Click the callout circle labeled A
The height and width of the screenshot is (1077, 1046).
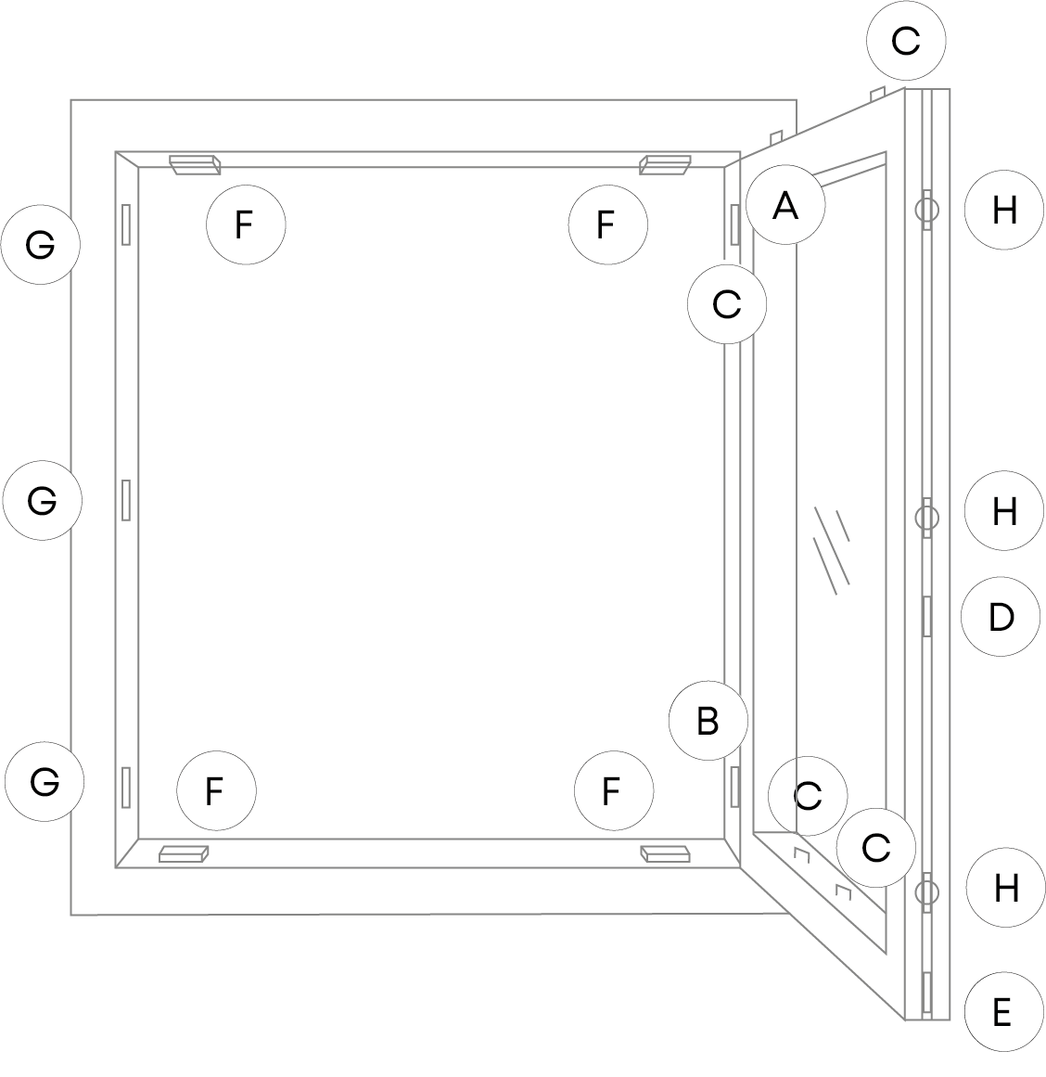point(785,205)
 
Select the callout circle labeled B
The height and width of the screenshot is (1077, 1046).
point(708,721)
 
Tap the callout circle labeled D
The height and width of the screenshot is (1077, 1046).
point(1001,617)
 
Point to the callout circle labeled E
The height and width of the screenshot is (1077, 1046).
point(1001,1012)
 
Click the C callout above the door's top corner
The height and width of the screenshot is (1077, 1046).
point(905,41)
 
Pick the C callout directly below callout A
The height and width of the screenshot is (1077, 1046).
point(727,303)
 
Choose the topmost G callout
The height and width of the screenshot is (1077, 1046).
point(40,245)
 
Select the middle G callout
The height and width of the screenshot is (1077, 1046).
point(42,500)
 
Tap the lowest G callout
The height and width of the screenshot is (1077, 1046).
point(44,781)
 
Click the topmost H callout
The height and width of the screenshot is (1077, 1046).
point(1004,211)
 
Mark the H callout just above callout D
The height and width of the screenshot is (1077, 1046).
point(1004,511)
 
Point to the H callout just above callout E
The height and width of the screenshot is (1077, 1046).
point(1005,888)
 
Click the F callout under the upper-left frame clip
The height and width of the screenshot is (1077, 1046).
point(245,224)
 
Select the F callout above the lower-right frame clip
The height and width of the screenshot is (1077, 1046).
point(612,791)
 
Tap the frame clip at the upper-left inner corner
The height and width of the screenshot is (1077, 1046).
point(195,164)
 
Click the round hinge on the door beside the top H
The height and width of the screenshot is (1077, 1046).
point(926,210)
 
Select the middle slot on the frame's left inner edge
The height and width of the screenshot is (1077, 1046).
point(126,500)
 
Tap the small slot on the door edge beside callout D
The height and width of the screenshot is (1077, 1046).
point(926,617)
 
